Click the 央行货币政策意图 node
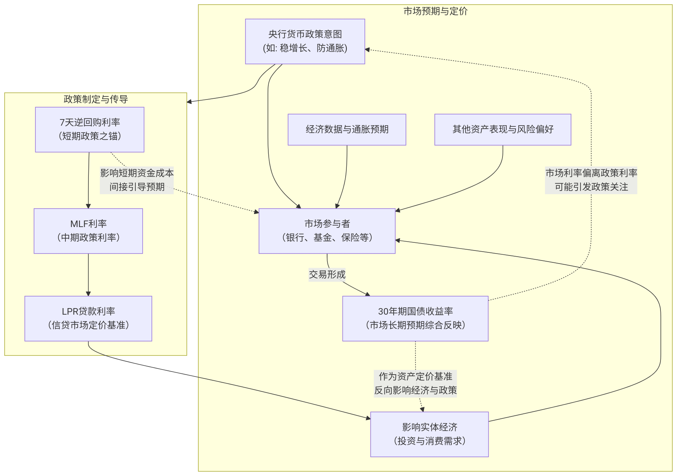(305, 41)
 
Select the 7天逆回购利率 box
(90, 129)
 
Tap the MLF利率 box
(88, 231)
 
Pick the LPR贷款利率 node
(88, 318)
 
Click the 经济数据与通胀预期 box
(347, 129)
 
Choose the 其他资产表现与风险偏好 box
(502, 129)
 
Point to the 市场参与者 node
(327, 231)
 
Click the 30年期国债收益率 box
(415, 318)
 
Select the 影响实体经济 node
(429, 434)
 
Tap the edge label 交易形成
(327, 274)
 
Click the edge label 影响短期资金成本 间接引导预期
(137, 180)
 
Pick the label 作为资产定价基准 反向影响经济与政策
(415, 383)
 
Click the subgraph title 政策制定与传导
(96, 99)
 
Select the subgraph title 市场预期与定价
(435, 11)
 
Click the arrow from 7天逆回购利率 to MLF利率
(89, 181)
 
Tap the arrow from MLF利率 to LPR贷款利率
(88, 275)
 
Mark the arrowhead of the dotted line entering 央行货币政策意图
(368, 50)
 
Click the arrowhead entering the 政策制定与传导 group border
(189, 102)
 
